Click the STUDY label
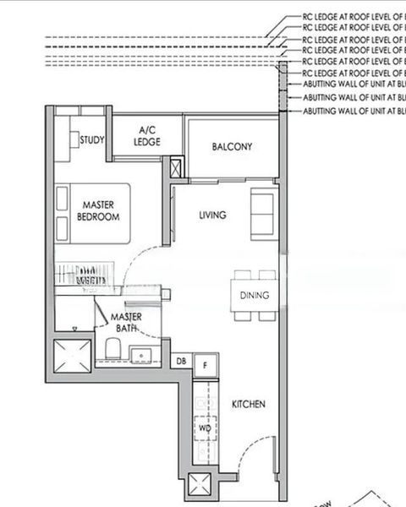click(91, 141)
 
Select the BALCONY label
click(232, 147)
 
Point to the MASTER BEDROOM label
click(98, 210)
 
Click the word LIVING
click(212, 215)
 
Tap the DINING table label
click(255, 296)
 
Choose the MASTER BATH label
click(127, 321)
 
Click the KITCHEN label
click(249, 405)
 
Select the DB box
click(181, 363)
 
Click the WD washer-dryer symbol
click(204, 428)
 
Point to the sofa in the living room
click(261, 211)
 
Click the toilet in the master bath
click(112, 349)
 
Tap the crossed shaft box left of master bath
click(70, 355)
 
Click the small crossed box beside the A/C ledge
click(176, 167)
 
